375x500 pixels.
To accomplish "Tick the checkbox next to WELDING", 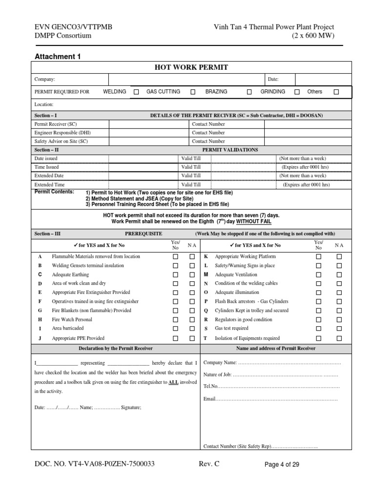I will click(x=136, y=92).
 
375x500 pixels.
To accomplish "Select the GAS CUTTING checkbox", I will click(x=193, y=92).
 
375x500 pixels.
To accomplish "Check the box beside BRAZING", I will click(x=250, y=92).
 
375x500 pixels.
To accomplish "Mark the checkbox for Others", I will click(x=336, y=92).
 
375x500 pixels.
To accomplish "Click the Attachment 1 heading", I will click(x=58, y=57).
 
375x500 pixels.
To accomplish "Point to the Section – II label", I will click(x=46, y=150).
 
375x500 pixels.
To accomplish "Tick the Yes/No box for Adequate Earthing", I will click(x=175, y=274).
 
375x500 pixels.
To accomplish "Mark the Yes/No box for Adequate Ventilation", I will click(x=319, y=274).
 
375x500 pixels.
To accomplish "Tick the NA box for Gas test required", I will click(x=339, y=329).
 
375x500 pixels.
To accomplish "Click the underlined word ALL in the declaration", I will click(x=173, y=382).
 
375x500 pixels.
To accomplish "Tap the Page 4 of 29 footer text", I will click(x=282, y=465).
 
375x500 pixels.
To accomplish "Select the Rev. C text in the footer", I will click(x=209, y=464).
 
